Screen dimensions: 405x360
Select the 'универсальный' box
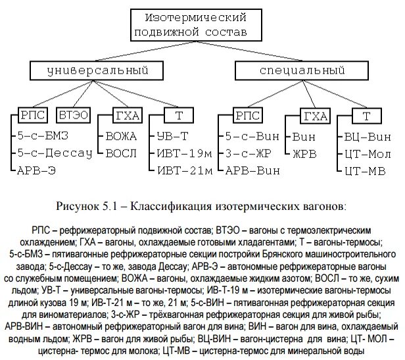tap(85, 70)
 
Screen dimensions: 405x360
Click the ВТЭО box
tap(74, 116)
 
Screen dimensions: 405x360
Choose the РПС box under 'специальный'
tap(248, 116)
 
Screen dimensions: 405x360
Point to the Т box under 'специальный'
tap(366, 116)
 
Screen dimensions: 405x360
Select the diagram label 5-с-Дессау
tap(55, 154)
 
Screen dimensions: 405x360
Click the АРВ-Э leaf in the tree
tap(39, 171)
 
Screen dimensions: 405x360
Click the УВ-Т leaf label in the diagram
tap(173, 137)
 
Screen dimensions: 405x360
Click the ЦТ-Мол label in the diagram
tap(369, 154)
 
